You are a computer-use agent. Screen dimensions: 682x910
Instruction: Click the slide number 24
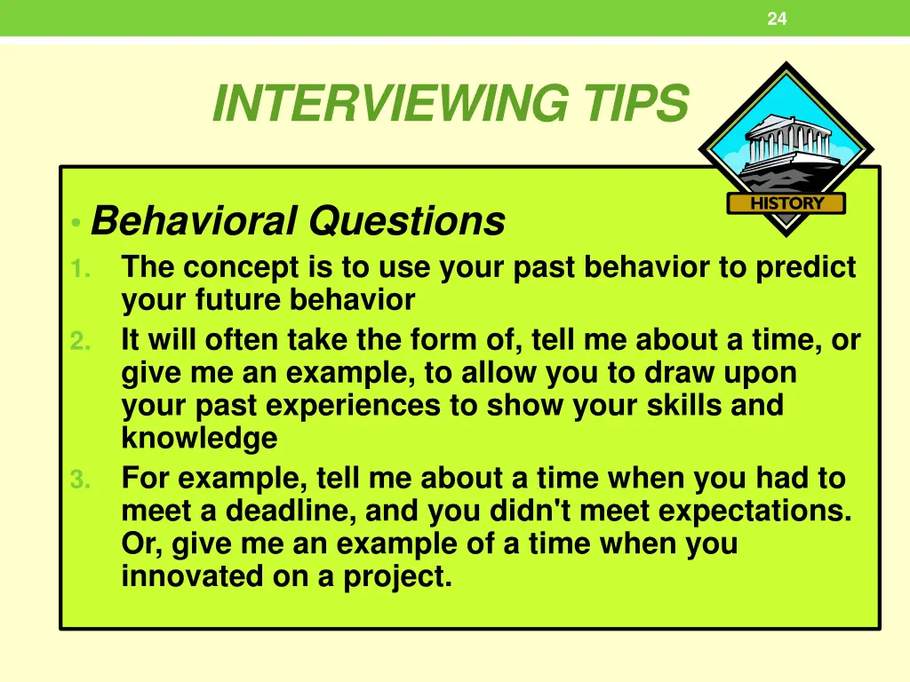tap(777, 19)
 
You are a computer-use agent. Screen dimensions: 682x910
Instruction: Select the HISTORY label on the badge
tap(786, 203)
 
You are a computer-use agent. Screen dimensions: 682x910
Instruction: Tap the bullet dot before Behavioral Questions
tap(79, 223)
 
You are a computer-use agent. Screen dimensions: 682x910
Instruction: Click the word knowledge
tap(199, 439)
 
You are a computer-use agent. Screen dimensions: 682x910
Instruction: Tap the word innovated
tap(195, 577)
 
